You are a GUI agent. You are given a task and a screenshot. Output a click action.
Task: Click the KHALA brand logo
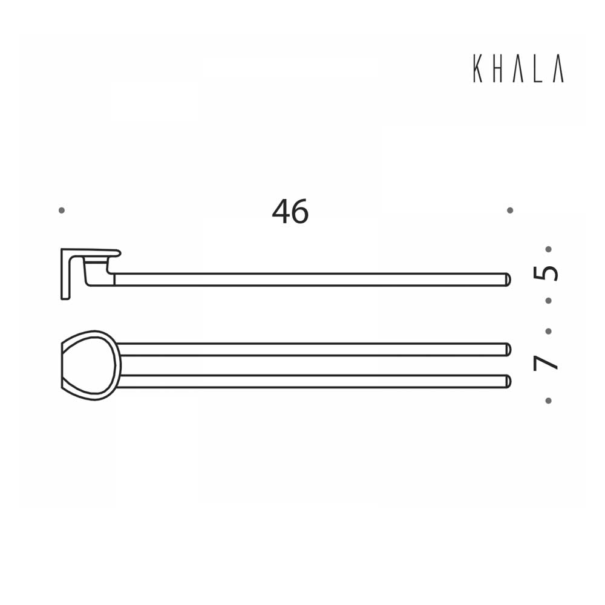pyautogui.click(x=518, y=69)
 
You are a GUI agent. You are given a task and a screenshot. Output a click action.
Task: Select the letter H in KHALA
pyautogui.click(x=498, y=69)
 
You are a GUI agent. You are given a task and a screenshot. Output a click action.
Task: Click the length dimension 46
pyautogui.click(x=290, y=212)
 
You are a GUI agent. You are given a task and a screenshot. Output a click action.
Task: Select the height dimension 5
pyautogui.click(x=546, y=273)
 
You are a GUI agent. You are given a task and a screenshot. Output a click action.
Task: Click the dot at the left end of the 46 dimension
pyautogui.click(x=61, y=210)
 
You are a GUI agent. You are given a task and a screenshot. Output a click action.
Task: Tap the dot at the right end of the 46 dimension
pyautogui.click(x=510, y=210)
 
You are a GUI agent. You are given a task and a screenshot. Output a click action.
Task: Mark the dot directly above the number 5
pyautogui.click(x=548, y=249)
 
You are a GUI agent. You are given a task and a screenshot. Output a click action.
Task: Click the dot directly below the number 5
pyautogui.click(x=548, y=300)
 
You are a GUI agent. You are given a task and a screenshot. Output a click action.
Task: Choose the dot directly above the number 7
pyautogui.click(x=548, y=331)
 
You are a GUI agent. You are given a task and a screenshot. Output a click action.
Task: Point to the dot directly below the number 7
pyautogui.click(x=548, y=400)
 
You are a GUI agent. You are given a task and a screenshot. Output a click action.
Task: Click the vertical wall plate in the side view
pyautogui.click(x=65, y=275)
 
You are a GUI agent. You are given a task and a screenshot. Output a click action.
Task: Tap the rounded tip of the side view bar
pyautogui.click(x=508, y=280)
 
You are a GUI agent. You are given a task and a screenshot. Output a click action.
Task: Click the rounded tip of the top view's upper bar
pyautogui.click(x=508, y=349)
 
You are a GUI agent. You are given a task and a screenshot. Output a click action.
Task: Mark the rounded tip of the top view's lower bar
pyautogui.click(x=508, y=381)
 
